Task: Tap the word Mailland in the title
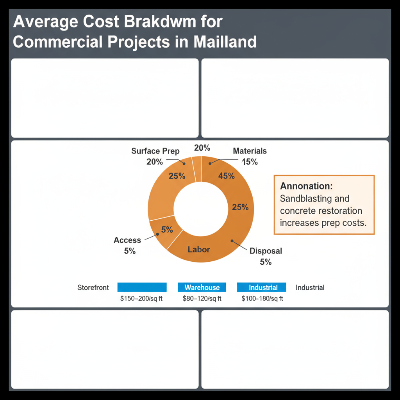[x=225, y=41]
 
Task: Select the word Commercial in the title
[x=58, y=41]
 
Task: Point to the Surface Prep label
[x=155, y=151]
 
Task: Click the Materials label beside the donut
[x=250, y=151]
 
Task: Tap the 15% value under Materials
[x=250, y=161]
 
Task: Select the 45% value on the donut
[x=227, y=176]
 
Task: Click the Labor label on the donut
[x=199, y=249]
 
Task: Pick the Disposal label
[x=266, y=251]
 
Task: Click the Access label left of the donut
[x=127, y=240]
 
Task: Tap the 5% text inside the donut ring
[x=167, y=230]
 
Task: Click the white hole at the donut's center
[x=201, y=207]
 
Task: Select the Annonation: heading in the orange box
[x=306, y=186]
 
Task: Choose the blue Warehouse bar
[x=202, y=287]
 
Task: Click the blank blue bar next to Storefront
[x=142, y=287]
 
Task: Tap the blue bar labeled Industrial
[x=261, y=287]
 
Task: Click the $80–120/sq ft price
[x=202, y=299]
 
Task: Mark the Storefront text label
[x=93, y=287]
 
